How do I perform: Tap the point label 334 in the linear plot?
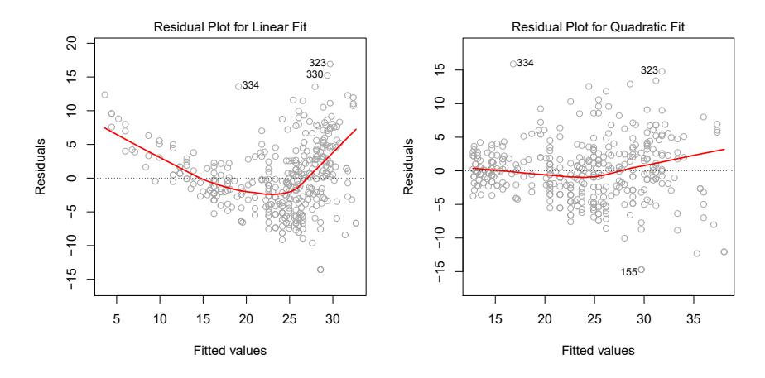[251, 85]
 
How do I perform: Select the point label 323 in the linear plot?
[317, 63]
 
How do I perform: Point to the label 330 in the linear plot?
[315, 74]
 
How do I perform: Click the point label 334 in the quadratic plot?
[526, 63]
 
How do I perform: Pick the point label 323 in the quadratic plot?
[650, 70]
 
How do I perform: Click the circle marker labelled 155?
[641, 270]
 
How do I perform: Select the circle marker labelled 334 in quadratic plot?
[513, 64]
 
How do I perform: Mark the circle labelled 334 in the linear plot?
[238, 86]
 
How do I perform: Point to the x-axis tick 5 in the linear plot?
[116, 319]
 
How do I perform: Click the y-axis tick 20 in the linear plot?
[72, 41]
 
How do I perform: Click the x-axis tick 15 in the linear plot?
[203, 319]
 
